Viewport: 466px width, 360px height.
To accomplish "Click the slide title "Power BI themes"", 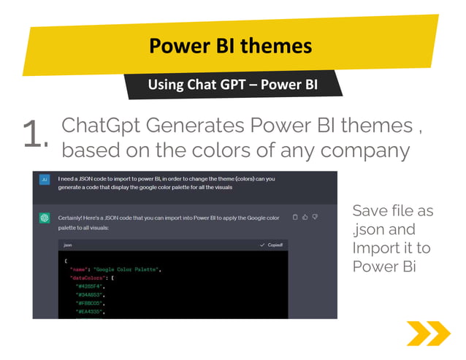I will click(231, 47).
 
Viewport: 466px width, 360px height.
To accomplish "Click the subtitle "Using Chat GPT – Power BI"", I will click(232, 85).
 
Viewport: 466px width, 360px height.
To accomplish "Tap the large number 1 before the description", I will click(34, 135).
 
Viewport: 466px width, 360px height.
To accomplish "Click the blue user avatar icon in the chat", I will click(45, 180).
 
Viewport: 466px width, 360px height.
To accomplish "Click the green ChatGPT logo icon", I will click(45, 218).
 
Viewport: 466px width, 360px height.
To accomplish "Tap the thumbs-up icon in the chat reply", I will click(305, 217).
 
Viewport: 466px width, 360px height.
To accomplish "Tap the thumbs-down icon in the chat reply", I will click(315, 217).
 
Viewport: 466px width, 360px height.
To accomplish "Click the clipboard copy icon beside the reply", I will click(294, 217).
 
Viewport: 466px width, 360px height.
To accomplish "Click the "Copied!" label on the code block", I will click(275, 245).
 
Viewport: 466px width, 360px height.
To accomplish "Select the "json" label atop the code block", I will click(67, 245).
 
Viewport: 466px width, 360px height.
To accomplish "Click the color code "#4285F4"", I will click(91, 286).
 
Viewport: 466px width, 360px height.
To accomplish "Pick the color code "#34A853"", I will click(91, 295).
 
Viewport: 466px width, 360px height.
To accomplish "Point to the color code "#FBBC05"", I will click(91, 303).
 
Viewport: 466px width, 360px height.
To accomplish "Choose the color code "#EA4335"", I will click(91, 312).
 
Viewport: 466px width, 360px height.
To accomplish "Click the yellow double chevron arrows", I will click(428, 334).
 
